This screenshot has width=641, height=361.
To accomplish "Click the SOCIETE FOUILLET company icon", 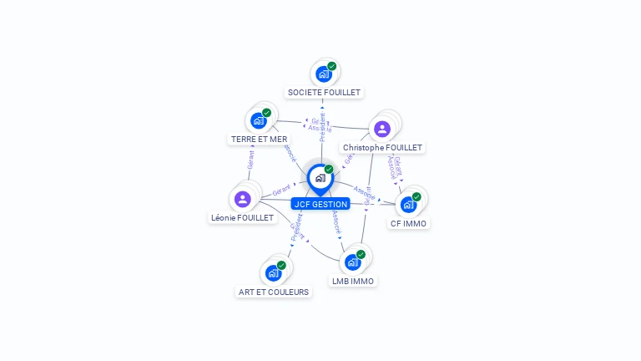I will click(324, 74).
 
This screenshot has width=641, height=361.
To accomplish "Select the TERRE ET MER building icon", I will click(259, 120).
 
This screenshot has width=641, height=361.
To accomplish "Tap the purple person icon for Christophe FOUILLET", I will click(381, 129).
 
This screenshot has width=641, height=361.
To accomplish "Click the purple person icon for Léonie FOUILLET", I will click(243, 199).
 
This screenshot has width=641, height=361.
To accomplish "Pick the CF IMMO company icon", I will click(408, 204).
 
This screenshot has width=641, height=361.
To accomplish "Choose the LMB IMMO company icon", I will click(353, 262).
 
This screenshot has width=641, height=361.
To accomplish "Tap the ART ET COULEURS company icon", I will click(273, 272).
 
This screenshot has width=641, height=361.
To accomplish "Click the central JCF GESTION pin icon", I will click(320, 178).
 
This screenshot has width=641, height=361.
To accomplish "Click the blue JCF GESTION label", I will click(320, 204).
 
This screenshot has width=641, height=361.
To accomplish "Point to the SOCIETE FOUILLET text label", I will click(324, 92).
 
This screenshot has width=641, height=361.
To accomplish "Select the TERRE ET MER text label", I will click(259, 139).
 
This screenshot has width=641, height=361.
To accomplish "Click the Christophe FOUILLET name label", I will click(383, 148).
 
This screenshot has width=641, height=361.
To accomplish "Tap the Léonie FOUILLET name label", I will click(242, 217).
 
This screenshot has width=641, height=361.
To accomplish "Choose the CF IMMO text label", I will click(408, 223).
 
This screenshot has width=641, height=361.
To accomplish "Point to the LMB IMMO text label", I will click(352, 281).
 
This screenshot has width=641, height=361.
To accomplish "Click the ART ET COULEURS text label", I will click(274, 292).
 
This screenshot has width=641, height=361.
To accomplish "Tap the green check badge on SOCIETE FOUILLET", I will click(332, 66).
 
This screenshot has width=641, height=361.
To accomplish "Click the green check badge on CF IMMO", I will click(416, 197).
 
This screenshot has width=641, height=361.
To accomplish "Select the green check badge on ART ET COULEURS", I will click(281, 265).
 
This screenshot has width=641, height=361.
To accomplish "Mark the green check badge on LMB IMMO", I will click(361, 254).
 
